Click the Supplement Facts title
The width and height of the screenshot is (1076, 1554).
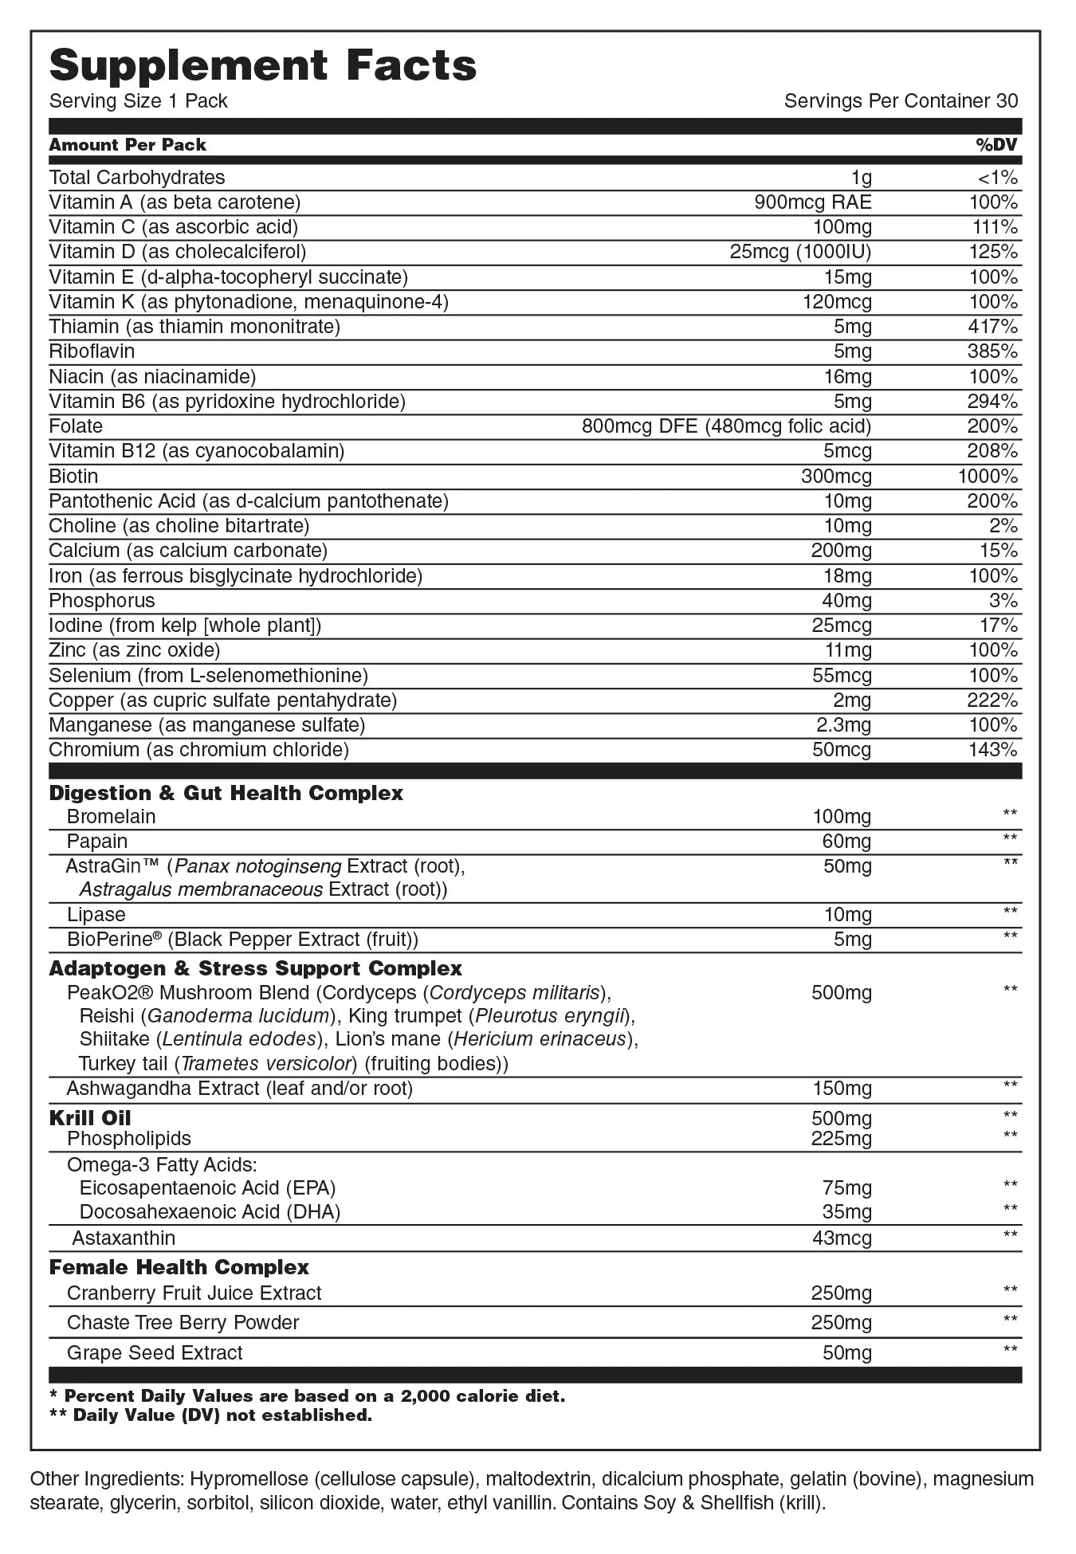263,65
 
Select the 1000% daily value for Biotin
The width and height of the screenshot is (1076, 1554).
988,477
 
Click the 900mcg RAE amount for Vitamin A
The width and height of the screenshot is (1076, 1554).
813,202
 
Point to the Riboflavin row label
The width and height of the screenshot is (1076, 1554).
92,351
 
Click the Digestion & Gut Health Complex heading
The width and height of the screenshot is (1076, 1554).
226,793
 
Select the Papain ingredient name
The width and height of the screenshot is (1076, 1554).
97,842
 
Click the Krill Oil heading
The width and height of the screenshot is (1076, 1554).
90,1117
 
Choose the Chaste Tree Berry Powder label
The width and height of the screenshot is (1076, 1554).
183,1323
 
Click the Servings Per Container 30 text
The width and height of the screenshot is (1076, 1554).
901,101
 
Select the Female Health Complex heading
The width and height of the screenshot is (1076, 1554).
179,1267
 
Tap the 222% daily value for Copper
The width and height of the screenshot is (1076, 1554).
993,700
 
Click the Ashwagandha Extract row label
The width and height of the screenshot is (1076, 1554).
239,1089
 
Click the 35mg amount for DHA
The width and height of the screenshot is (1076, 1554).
847,1212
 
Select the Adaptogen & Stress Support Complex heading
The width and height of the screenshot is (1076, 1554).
255,968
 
